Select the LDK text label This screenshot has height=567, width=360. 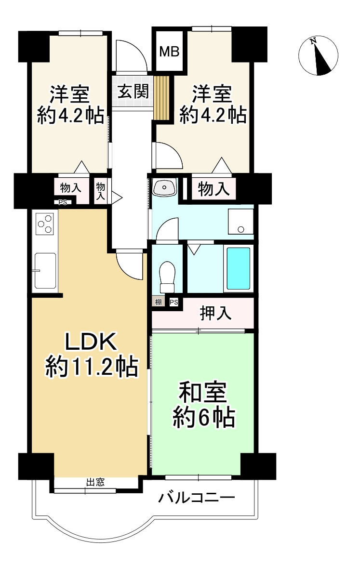click(x=91, y=343)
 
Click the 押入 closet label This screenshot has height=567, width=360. click(x=216, y=314)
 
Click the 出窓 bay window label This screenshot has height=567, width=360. click(x=95, y=482)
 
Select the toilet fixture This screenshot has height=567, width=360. click(x=167, y=277)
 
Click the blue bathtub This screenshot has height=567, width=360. click(x=239, y=268)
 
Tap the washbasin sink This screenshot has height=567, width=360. click(x=165, y=187)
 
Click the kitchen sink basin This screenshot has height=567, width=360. click(x=45, y=271)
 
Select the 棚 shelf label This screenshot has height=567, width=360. click(x=158, y=302)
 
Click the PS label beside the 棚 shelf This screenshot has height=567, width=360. click(x=173, y=302)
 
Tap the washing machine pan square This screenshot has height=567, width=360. click(x=240, y=222)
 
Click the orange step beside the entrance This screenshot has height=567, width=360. click(x=162, y=98)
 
